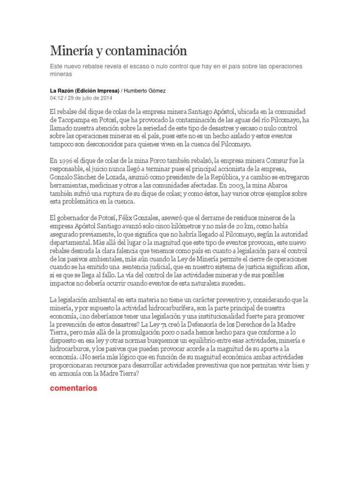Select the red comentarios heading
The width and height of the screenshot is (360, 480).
click(73, 388)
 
